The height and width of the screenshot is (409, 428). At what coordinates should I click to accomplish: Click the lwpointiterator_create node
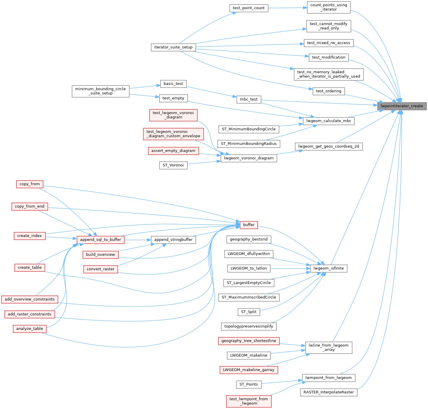(402, 106)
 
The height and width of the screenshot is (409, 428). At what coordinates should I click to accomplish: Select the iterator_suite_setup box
(173, 47)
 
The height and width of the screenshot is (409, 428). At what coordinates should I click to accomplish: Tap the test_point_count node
(249, 8)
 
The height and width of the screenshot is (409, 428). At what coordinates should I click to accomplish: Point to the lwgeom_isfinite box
(328, 268)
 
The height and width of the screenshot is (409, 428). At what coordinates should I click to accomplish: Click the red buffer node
(249, 225)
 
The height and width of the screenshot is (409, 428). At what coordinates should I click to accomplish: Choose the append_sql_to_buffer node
(100, 240)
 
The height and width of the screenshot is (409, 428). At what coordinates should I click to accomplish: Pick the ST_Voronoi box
(173, 165)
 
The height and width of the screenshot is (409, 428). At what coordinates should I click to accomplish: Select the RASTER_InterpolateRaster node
(328, 392)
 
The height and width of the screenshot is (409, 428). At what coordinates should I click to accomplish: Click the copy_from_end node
(30, 206)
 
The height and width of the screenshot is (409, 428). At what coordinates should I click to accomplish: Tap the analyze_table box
(30, 329)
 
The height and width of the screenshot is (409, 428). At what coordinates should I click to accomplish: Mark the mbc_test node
(249, 99)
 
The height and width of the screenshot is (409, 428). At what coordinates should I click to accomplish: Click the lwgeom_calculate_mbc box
(328, 121)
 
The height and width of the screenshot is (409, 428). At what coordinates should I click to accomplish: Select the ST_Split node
(249, 312)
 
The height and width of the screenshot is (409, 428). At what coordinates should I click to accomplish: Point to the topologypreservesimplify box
(249, 326)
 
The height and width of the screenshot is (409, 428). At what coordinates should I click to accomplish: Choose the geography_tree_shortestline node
(249, 341)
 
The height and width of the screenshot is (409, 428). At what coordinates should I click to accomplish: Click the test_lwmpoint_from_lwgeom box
(249, 401)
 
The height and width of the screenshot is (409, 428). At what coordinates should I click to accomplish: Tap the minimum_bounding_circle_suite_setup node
(100, 91)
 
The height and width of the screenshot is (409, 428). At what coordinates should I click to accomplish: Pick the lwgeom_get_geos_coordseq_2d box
(328, 146)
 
